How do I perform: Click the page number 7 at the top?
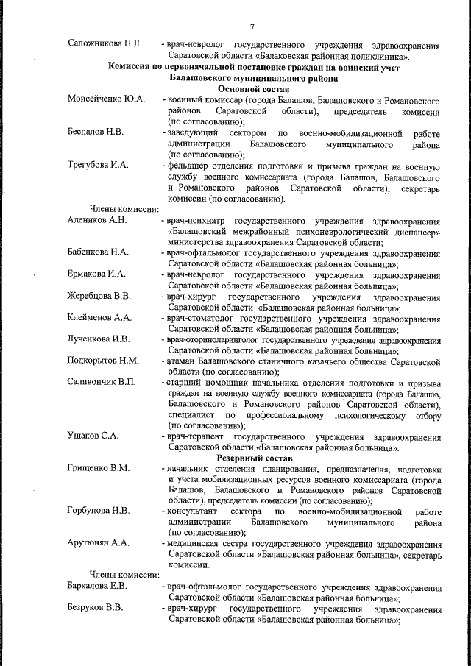252,28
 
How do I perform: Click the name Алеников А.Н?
98,220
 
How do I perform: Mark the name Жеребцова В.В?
99,296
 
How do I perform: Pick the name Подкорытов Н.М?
103,361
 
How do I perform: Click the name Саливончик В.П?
102,383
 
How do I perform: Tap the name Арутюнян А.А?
98,543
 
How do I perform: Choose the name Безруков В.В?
96,609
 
